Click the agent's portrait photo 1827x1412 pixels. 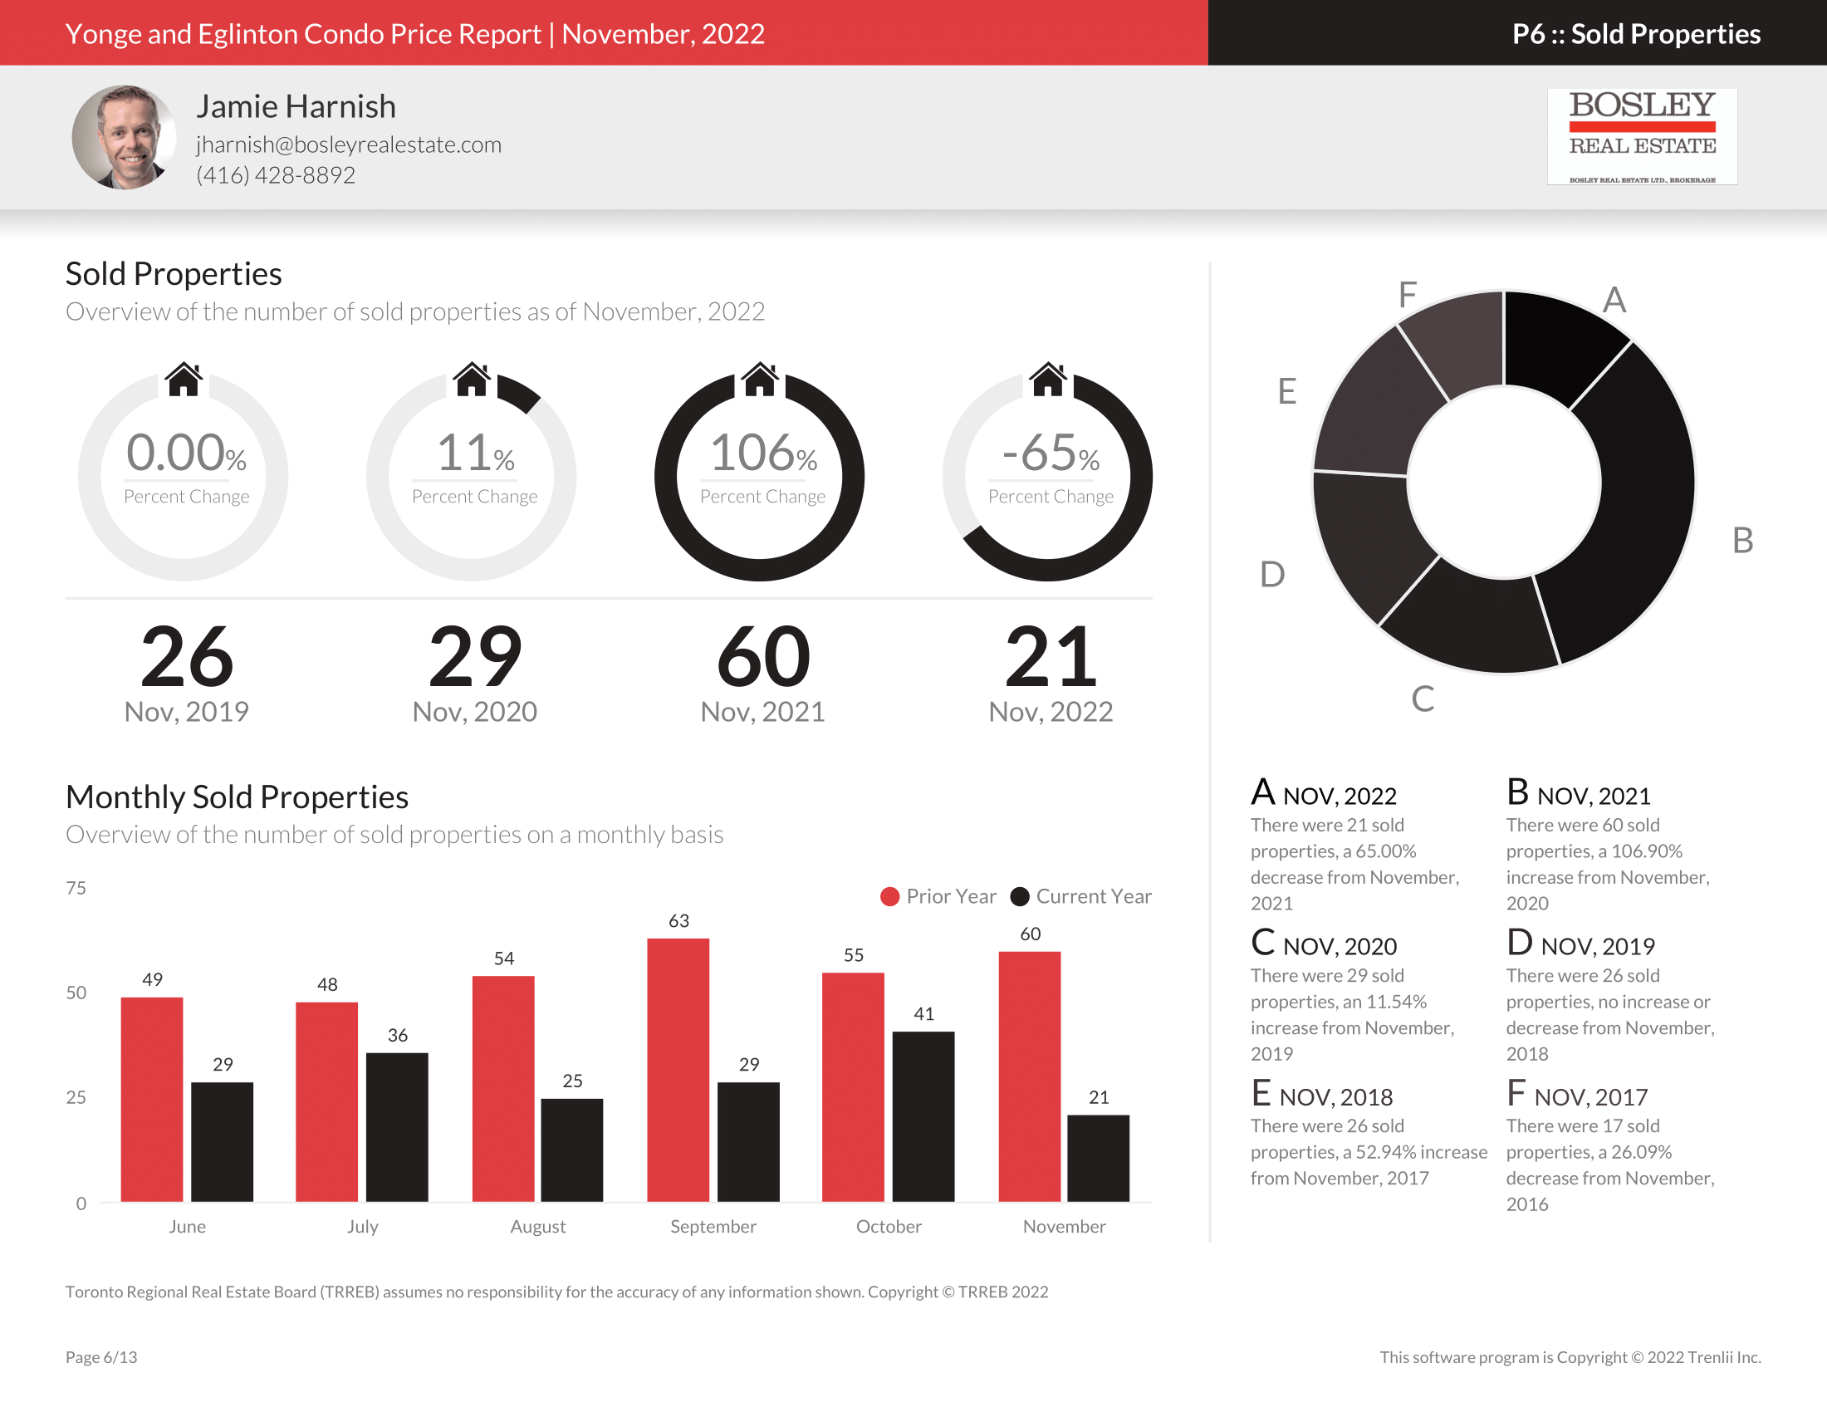124,136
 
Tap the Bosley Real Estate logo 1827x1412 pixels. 1641,136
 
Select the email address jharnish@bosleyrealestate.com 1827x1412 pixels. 349,145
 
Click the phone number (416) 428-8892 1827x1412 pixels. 276,174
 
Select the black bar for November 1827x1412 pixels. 1098,1158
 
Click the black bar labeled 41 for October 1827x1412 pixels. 923,1115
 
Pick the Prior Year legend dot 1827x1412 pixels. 889,897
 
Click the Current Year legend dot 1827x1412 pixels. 1019,897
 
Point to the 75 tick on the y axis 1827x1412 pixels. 76,889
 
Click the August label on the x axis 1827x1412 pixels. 538,1226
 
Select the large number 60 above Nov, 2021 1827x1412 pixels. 763,658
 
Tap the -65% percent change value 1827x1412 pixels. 1051,454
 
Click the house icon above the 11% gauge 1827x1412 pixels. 472,380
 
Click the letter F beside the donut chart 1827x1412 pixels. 1407,295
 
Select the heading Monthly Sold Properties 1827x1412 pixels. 237,797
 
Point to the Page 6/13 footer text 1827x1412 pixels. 101,1357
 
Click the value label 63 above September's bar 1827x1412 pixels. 678,921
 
